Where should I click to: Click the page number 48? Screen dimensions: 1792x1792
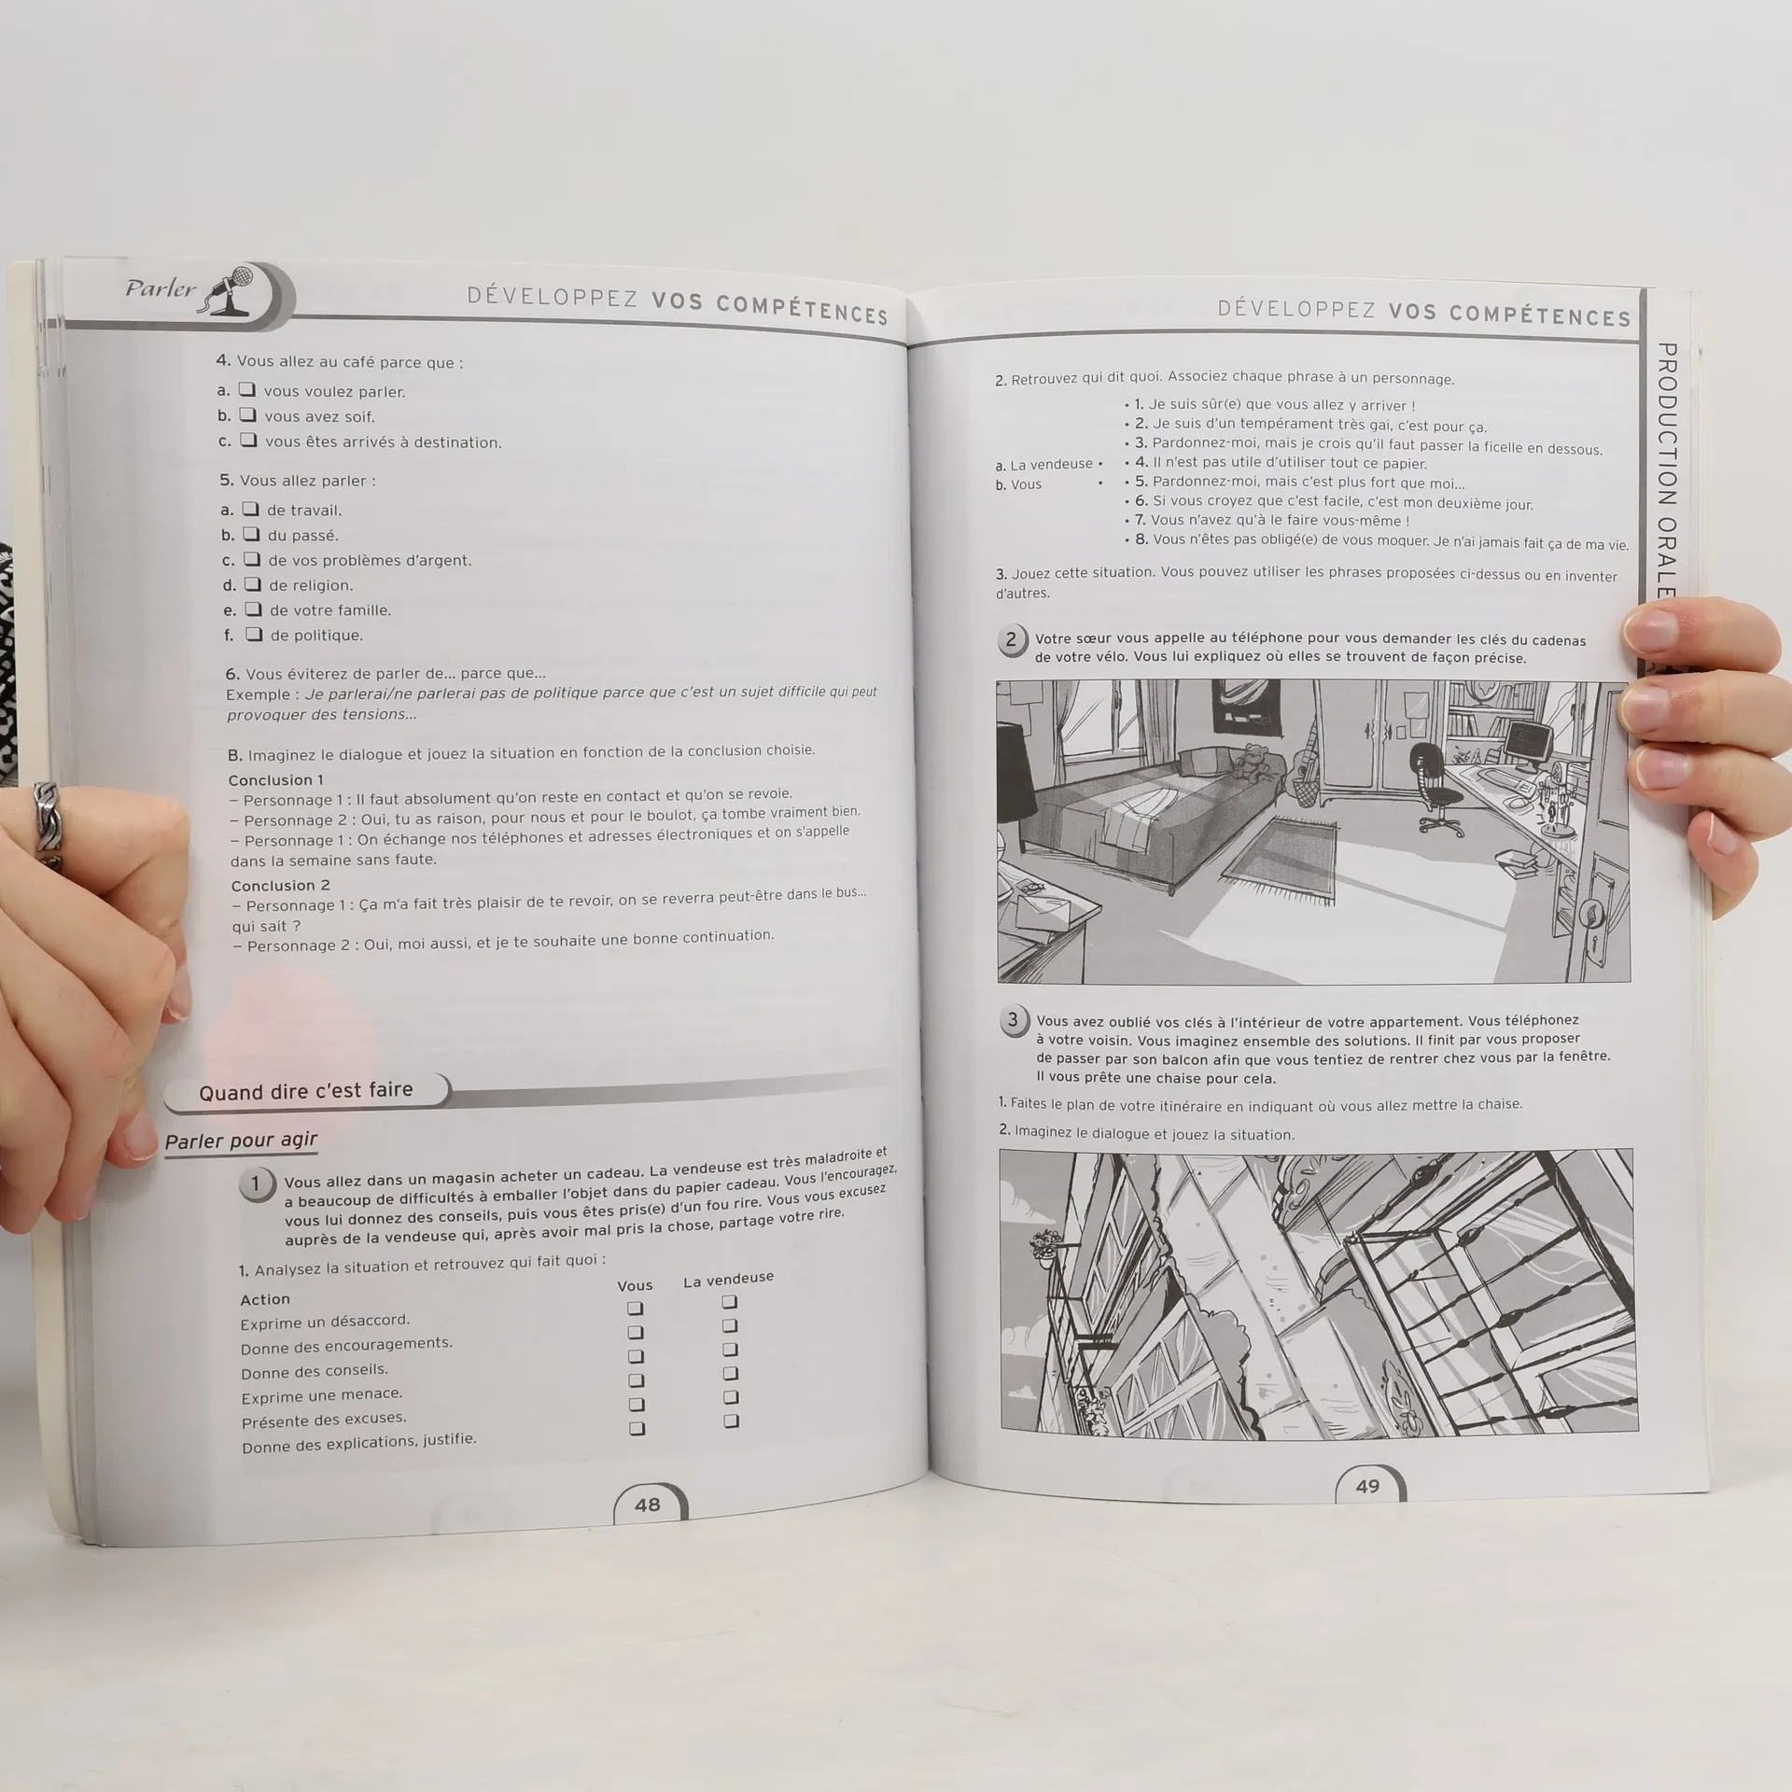coord(647,1505)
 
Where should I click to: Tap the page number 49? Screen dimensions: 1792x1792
coord(1367,1486)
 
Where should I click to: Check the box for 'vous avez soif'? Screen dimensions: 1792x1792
coord(247,414)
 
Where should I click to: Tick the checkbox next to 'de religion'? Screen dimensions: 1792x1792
coord(253,584)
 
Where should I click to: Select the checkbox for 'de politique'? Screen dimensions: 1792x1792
coord(254,634)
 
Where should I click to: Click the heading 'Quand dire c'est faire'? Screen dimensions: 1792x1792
coord(305,1090)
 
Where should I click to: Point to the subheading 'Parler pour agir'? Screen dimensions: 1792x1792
coord(241,1141)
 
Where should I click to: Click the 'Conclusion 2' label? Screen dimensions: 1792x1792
coord(280,885)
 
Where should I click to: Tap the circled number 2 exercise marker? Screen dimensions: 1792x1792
coord(1011,640)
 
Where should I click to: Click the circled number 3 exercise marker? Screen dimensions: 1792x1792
coord(1014,1020)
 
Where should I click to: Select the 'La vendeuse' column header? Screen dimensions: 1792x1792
coord(728,1280)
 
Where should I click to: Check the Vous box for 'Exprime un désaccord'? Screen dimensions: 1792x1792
coord(635,1309)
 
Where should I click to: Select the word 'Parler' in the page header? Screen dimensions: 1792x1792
coord(161,287)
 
